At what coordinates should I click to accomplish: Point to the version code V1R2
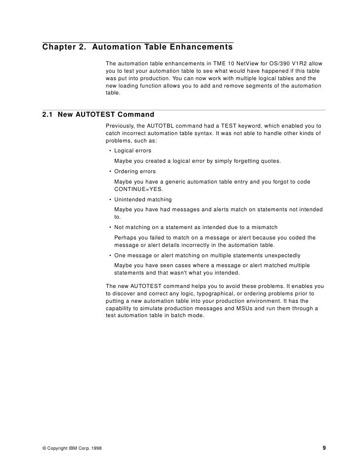(x=296, y=64)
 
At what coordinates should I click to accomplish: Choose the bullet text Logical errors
(x=133, y=150)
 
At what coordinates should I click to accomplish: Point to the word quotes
(x=270, y=161)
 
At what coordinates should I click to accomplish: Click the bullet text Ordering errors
(x=135, y=171)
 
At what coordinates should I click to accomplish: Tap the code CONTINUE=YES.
(x=136, y=188)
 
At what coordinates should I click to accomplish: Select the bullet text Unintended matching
(x=143, y=199)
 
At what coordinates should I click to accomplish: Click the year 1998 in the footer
(x=96, y=448)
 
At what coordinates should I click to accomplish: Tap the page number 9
(x=324, y=448)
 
